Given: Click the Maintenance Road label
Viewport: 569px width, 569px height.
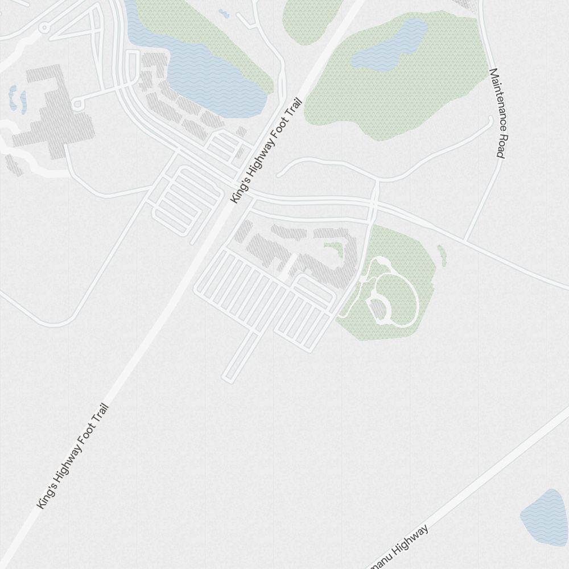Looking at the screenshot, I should click(497, 113).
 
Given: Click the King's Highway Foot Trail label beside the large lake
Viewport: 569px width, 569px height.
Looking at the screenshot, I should click(265, 151).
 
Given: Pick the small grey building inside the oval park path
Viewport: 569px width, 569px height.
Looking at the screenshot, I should click(378, 308).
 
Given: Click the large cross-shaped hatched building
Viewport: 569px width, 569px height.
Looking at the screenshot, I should click(54, 114).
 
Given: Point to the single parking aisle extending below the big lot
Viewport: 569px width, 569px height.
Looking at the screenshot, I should click(240, 356).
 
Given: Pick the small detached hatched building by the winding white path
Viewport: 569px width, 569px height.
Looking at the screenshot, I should click(14, 164).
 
